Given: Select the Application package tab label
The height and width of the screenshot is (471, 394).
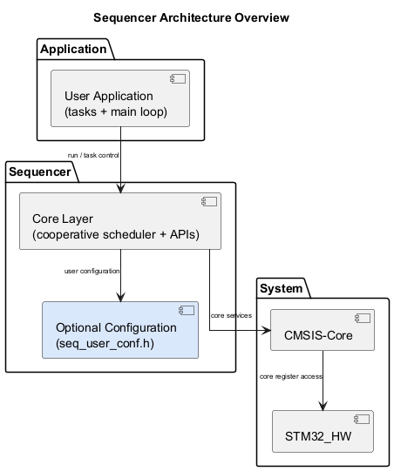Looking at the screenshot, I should [x=75, y=49].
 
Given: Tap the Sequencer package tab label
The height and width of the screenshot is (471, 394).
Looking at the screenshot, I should [x=40, y=172].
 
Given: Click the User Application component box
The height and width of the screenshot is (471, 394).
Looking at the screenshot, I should [x=120, y=104].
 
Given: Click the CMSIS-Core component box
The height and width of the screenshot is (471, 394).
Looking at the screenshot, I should [x=323, y=332].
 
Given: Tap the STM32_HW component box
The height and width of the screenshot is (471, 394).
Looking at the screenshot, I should [x=323, y=431].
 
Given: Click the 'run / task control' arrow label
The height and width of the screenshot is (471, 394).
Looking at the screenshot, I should [x=93, y=156].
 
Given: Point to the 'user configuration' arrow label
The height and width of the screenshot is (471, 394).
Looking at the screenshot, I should [x=92, y=271].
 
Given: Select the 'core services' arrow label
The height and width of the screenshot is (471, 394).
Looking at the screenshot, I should [x=231, y=314].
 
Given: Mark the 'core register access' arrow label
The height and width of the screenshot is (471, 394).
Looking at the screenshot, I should [x=291, y=377].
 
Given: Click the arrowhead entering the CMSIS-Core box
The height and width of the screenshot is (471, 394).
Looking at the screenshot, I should [x=266, y=332].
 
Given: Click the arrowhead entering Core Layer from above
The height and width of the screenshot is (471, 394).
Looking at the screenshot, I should [x=120, y=188].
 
